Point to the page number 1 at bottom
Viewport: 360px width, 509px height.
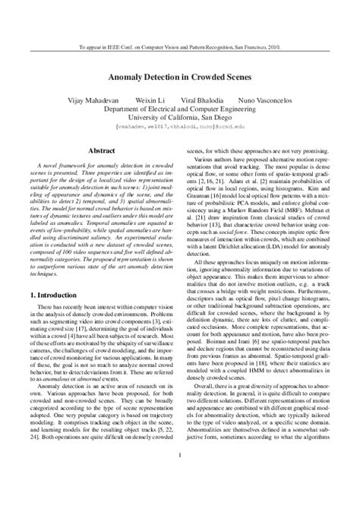point(180,477)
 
